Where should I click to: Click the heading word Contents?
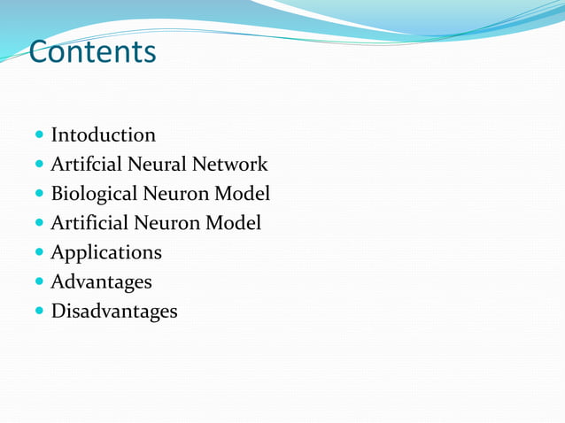(92, 52)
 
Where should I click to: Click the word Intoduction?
(103, 135)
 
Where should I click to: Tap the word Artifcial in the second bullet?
(87, 165)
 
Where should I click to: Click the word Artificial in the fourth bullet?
(89, 223)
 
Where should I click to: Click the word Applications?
(106, 253)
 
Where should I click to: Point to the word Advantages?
(101, 282)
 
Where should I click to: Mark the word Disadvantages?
(113, 311)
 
